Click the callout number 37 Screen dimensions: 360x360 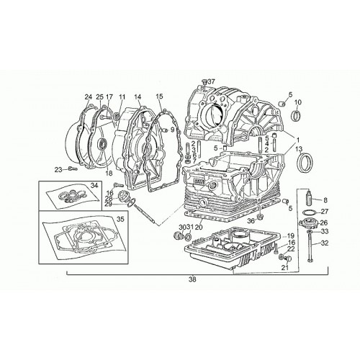point(212,81)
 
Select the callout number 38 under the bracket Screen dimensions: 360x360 point(192,279)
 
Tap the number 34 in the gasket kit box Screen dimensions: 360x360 point(94,185)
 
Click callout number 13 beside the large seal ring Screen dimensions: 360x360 point(299,149)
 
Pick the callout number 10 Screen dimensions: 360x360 point(297,102)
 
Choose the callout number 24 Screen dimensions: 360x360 point(89,97)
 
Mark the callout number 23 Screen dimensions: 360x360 point(58,170)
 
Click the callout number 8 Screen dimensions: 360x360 point(325,199)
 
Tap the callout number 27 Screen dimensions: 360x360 point(325,212)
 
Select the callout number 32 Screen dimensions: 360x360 point(325,243)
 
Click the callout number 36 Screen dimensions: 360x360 point(251,221)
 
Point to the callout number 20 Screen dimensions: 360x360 point(199,227)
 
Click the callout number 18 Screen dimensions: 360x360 point(109,173)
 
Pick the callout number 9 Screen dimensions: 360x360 point(172,130)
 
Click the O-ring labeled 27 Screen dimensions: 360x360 point(310,212)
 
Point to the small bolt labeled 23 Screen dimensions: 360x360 point(72,169)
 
